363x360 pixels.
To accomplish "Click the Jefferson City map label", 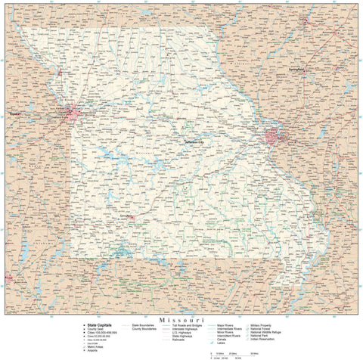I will (x=195, y=141).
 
